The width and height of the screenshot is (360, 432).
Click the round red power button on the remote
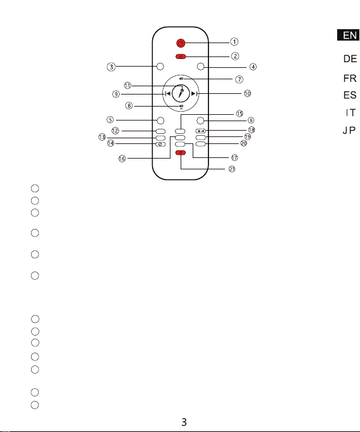coord(181,43)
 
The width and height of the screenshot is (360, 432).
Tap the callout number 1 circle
coord(235,42)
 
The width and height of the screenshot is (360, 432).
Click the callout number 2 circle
coord(235,56)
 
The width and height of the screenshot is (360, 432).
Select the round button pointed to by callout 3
coord(160,67)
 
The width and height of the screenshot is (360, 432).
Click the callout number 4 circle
coord(253,67)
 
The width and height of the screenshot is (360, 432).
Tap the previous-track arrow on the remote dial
coord(167,94)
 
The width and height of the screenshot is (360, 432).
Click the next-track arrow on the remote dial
coord(194,94)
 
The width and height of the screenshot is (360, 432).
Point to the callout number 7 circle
coord(239,79)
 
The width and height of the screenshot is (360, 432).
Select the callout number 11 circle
coord(127,86)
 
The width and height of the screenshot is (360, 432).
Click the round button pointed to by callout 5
coord(160,121)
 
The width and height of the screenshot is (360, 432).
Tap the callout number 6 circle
coord(251,120)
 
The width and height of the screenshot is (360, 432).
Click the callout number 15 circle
coord(240,114)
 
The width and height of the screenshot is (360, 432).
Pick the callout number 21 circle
coord(232,169)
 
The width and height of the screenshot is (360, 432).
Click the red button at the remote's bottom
coord(181,153)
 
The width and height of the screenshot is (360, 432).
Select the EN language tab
coord(349,35)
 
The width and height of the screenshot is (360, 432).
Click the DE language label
coord(350,59)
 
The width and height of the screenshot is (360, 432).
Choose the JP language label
coord(349,130)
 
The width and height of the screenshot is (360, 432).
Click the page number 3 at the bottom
coord(184,422)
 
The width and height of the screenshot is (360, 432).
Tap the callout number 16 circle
coord(122,159)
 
